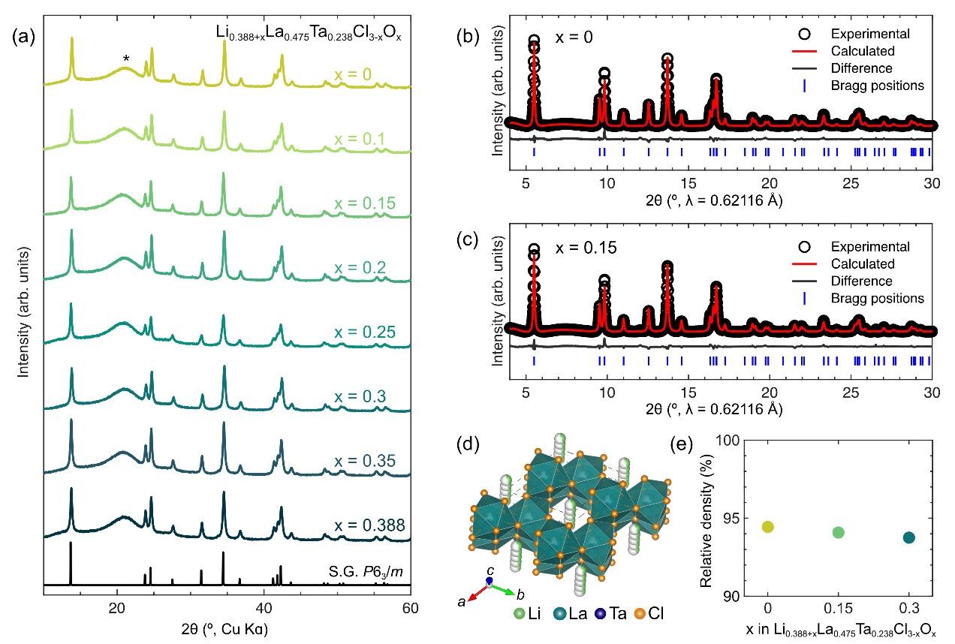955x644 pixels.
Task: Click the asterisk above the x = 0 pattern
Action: pyautogui.click(x=126, y=59)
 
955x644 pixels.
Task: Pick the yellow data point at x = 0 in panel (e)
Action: pyautogui.click(x=767, y=527)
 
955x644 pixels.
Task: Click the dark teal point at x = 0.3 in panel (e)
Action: pyautogui.click(x=908, y=537)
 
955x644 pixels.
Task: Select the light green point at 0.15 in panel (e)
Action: pyautogui.click(x=839, y=532)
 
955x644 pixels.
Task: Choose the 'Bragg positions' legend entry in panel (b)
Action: pyautogui.click(x=886, y=86)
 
